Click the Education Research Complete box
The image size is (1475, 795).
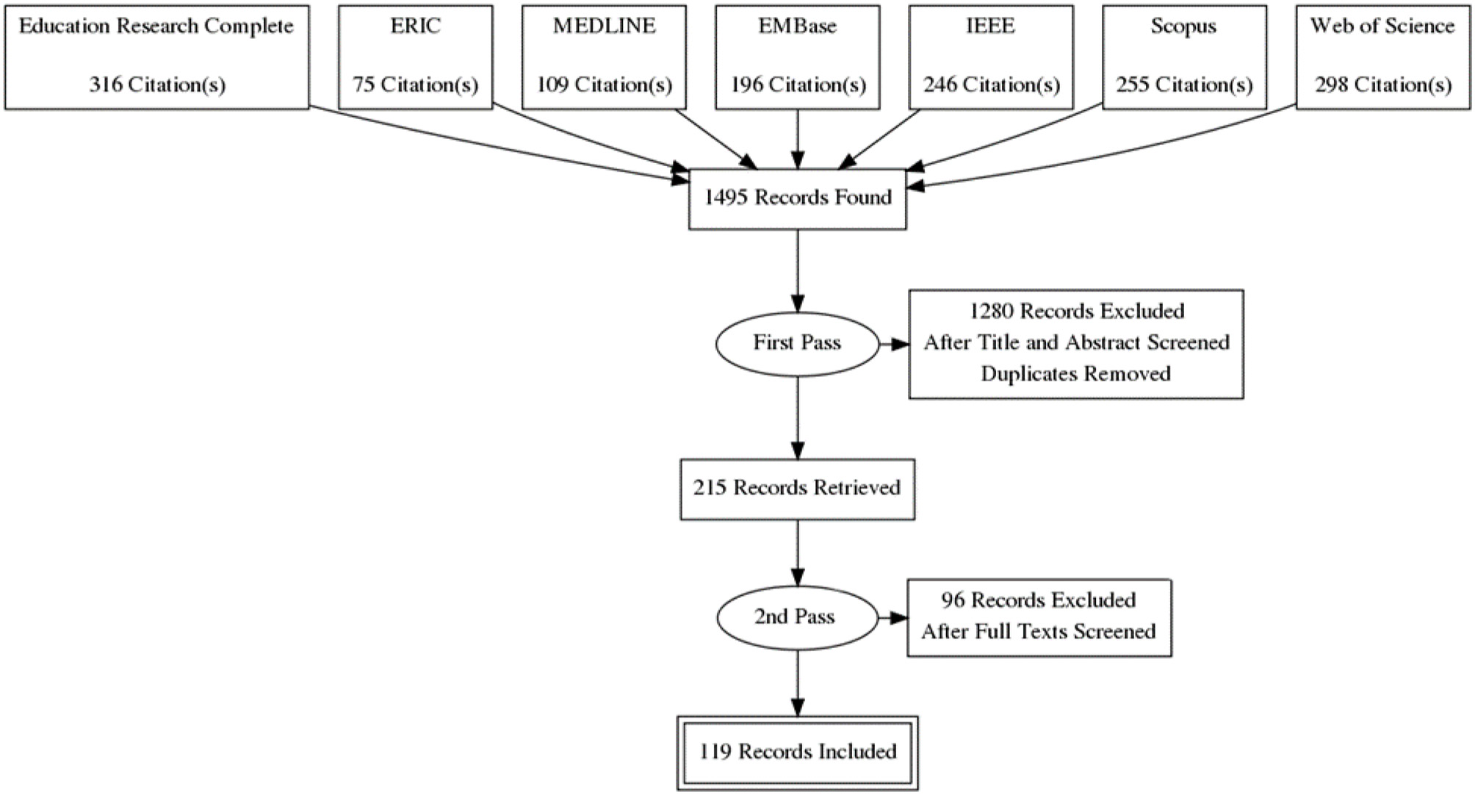[x=156, y=57]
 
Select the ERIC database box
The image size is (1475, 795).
[x=415, y=57]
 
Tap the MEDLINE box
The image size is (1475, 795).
[x=604, y=57]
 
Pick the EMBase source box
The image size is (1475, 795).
[x=797, y=57]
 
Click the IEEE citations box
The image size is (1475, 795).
[x=991, y=57]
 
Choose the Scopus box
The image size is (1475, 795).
[x=1184, y=57]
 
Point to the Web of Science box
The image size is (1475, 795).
[x=1382, y=57]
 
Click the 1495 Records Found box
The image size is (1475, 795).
[x=797, y=198]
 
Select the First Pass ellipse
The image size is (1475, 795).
[x=797, y=343]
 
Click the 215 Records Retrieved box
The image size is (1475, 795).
[x=797, y=489]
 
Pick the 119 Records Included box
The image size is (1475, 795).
[x=797, y=752]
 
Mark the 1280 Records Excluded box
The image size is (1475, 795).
[x=1075, y=343]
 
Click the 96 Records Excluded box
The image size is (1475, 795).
[x=1039, y=617]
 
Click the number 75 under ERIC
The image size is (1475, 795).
[x=364, y=85]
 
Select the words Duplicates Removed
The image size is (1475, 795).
[x=1075, y=374]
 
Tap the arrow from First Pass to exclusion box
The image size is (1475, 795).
[x=893, y=343]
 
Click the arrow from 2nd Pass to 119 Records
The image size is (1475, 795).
[x=798, y=683]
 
